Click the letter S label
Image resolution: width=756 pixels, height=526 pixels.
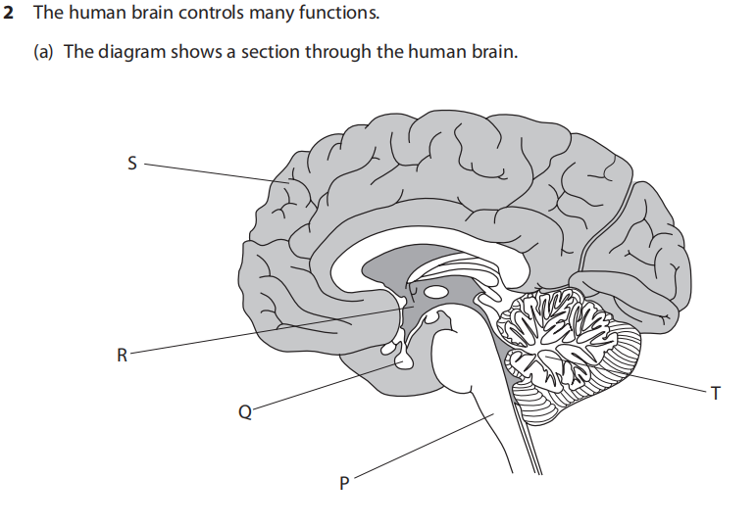tap(131, 165)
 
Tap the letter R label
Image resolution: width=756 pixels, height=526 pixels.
tap(121, 355)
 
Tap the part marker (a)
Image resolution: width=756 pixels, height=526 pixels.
tap(44, 51)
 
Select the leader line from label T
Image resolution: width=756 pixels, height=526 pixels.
tap(667, 384)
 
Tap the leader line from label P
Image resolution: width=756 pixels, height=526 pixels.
tap(422, 448)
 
